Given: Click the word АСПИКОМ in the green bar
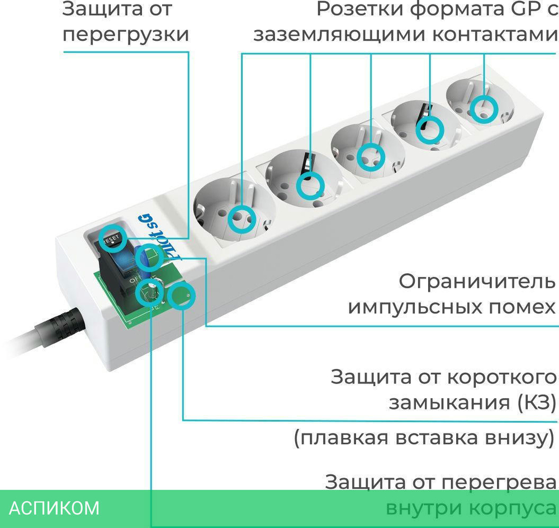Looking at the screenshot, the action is point(55,508).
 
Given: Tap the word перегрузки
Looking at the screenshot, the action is point(125,35).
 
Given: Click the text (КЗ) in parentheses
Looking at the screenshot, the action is point(533,402).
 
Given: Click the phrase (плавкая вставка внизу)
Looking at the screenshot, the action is point(425,438).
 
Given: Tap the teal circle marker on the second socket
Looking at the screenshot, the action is point(310,185).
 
